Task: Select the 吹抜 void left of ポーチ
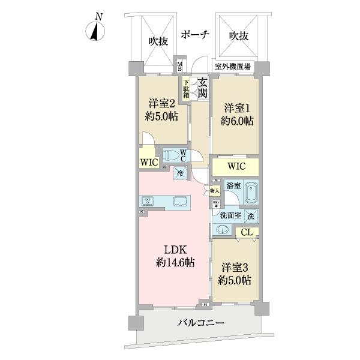[158, 41]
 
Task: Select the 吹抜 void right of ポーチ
[239, 36]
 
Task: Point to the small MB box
[179, 65]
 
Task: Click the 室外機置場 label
[233, 66]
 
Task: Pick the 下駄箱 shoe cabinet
[186, 88]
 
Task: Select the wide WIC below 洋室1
[236, 166]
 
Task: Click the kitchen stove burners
[148, 201]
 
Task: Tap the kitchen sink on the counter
[180, 202]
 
